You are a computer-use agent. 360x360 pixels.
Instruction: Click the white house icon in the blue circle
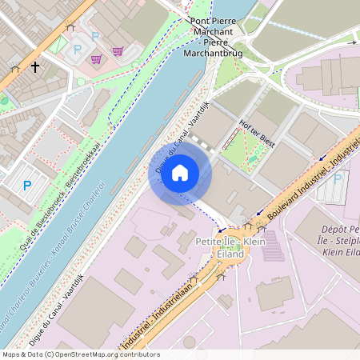click(x=180, y=172)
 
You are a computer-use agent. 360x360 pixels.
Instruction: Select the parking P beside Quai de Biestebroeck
click(x=27, y=186)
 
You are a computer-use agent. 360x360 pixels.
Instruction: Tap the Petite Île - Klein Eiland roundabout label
click(x=219, y=248)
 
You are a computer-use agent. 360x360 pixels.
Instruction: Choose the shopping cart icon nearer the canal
click(x=118, y=51)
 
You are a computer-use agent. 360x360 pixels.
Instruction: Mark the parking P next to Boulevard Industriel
click(x=337, y=178)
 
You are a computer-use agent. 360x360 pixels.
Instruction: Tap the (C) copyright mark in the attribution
click(x=50, y=354)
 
